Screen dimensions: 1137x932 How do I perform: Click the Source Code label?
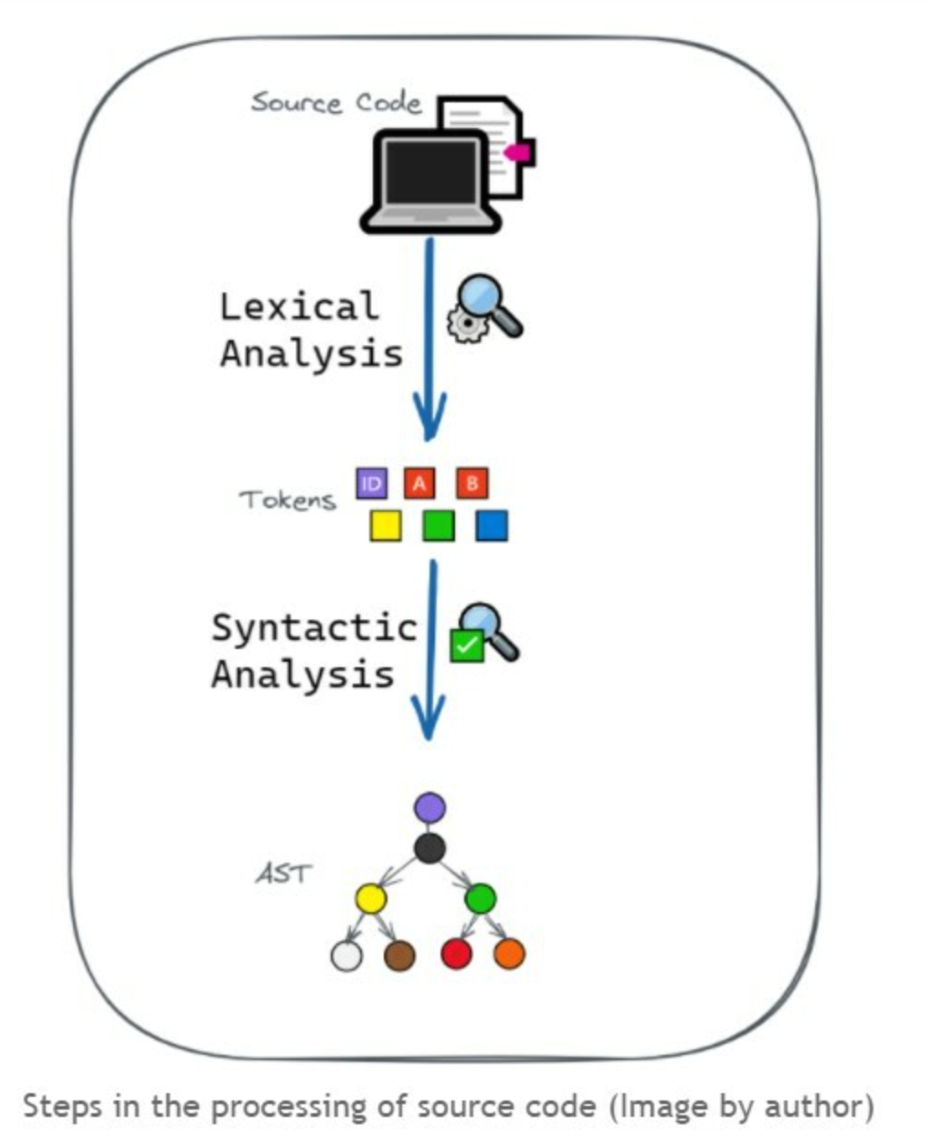[336, 102]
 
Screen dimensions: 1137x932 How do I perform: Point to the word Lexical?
[299, 306]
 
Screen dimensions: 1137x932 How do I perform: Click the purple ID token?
[371, 483]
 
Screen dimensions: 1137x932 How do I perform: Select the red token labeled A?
[419, 483]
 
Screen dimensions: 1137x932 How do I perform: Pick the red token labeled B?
[471, 483]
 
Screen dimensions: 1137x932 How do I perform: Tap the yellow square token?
[385, 526]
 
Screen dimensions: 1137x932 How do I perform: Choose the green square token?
[438, 526]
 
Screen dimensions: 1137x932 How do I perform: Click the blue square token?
[492, 526]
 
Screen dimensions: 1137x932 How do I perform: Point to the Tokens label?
[287, 500]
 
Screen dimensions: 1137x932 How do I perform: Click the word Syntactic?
[313, 628]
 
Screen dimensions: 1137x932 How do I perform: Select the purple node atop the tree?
[429, 808]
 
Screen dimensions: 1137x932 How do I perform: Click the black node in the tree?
[429, 848]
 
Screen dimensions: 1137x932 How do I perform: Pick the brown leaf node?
[399, 956]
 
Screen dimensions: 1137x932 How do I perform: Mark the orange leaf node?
[509, 953]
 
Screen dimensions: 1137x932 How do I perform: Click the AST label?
[282, 874]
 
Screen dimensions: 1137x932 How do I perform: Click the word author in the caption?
[805, 1107]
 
